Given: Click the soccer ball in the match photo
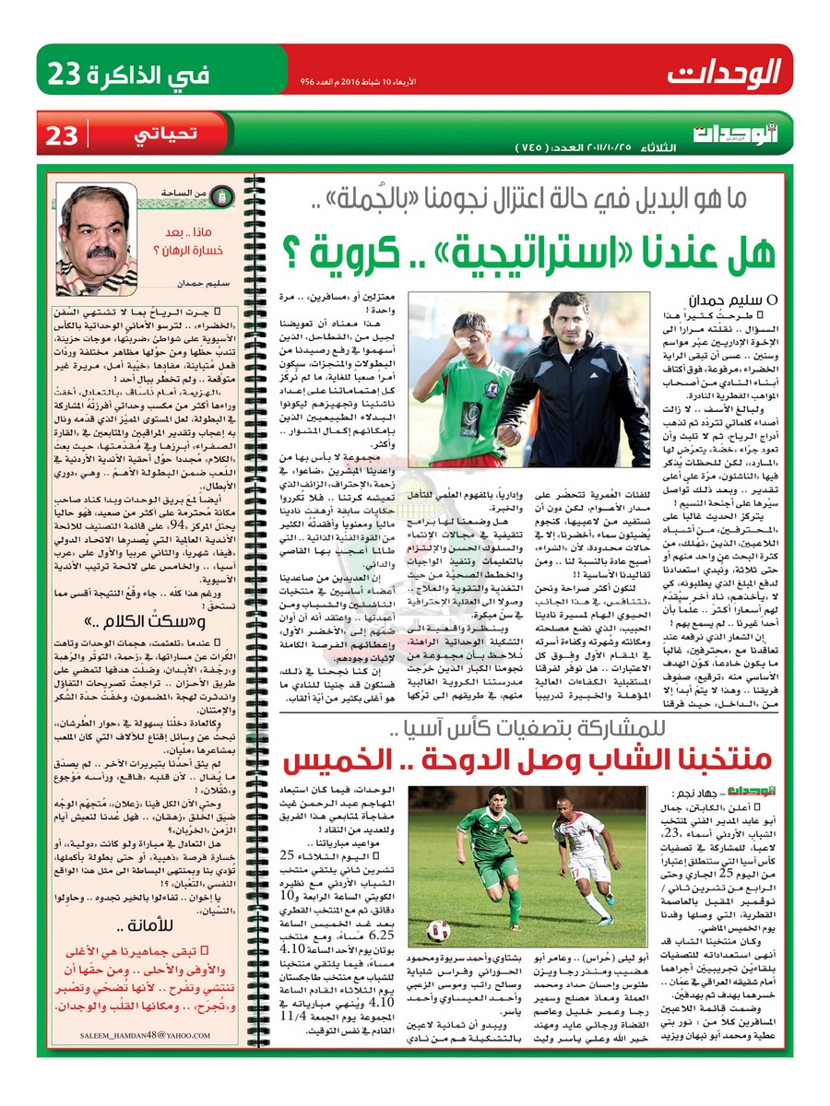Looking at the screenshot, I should (440, 930).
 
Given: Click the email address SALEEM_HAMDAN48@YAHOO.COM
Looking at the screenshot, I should (151, 1034).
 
